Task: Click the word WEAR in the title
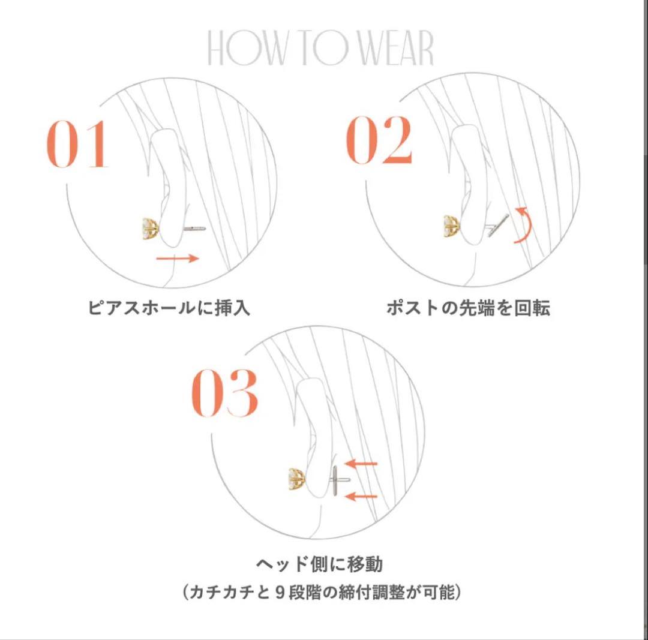(x=395, y=48)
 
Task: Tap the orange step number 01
(x=77, y=144)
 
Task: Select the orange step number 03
(x=224, y=392)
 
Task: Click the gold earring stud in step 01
(x=151, y=229)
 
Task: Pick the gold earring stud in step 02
(x=452, y=226)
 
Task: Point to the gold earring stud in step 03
(x=297, y=479)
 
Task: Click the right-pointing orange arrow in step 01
(x=178, y=259)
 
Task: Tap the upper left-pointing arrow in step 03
(x=361, y=464)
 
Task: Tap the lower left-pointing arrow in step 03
(x=361, y=496)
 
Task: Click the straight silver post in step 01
(x=194, y=228)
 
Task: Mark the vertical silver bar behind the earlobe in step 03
(x=335, y=480)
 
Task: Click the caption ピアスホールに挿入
(x=169, y=308)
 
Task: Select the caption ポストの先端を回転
(x=468, y=308)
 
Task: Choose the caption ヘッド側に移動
(x=319, y=564)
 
